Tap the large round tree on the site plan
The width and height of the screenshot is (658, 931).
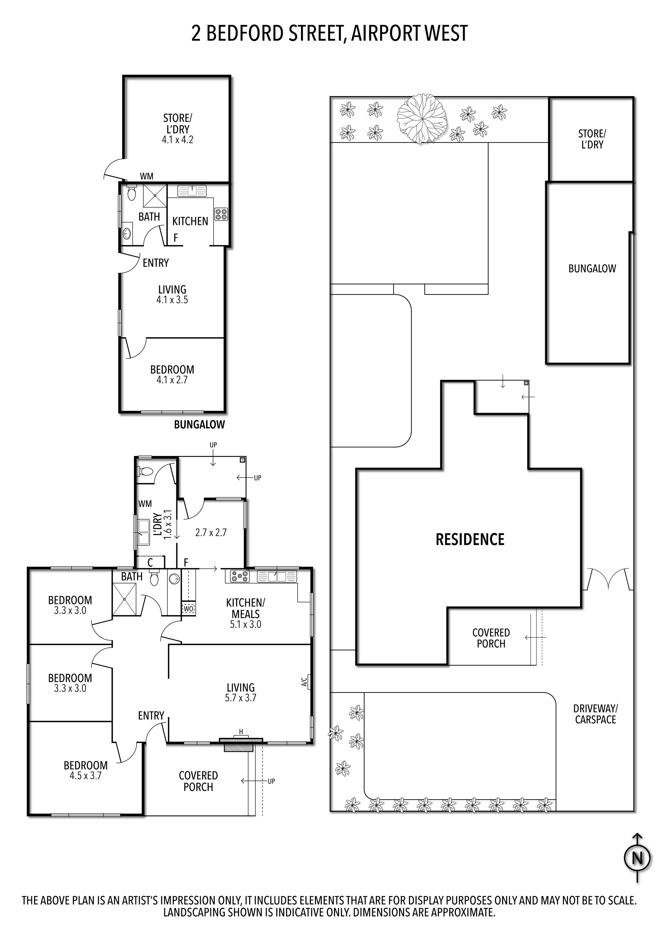tap(422, 119)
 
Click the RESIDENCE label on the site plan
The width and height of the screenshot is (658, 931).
tap(470, 539)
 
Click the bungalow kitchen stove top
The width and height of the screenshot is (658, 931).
tap(221, 214)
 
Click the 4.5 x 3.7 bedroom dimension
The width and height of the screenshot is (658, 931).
tap(86, 776)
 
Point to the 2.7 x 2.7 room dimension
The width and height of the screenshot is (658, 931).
tap(211, 532)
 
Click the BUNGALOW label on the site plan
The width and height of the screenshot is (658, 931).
tap(592, 268)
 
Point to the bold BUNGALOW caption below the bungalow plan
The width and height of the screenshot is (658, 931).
tap(199, 425)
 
